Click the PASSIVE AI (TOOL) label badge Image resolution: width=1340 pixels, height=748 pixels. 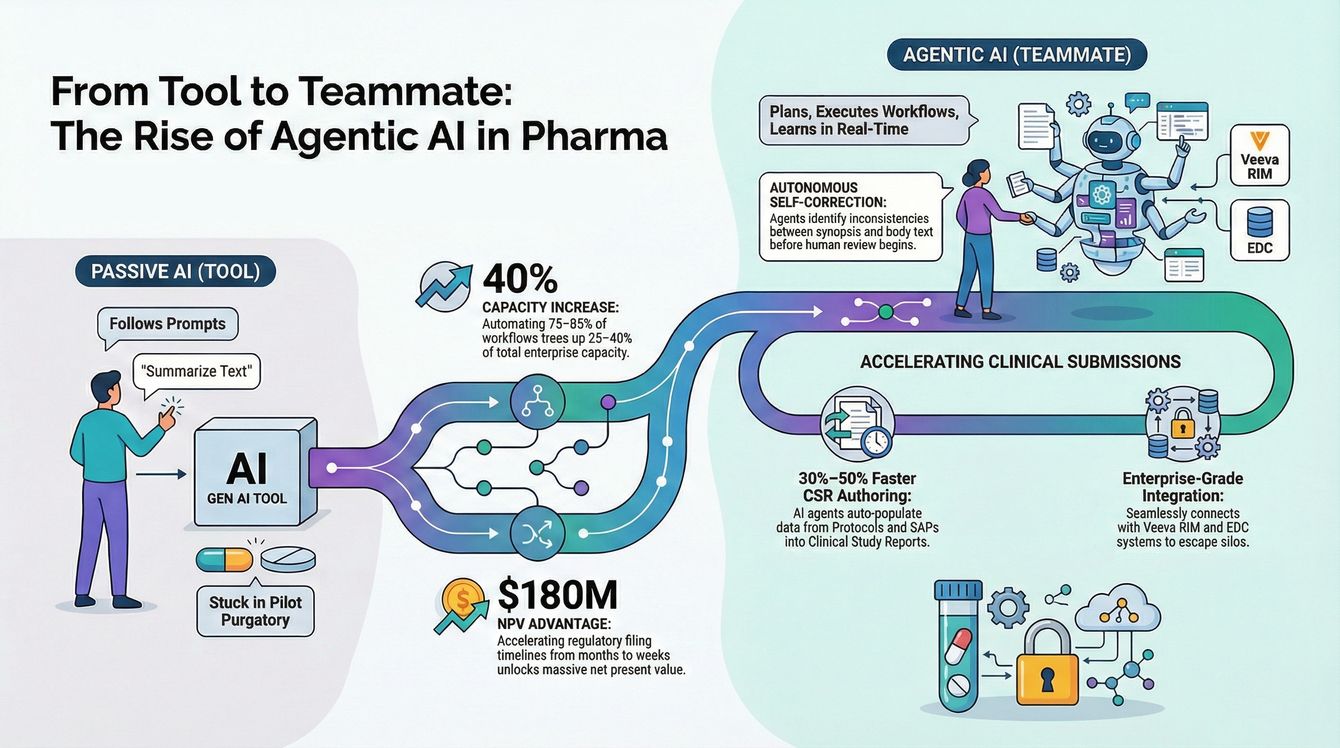pyautogui.click(x=175, y=272)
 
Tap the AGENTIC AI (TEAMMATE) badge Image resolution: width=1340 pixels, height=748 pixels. pyautogui.click(x=1017, y=55)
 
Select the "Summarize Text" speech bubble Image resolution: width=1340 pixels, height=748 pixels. pyautogui.click(x=197, y=372)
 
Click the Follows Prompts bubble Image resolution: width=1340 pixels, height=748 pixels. pyautogui.click(x=167, y=323)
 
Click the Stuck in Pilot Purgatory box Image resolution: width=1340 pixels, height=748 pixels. pyautogui.click(x=256, y=611)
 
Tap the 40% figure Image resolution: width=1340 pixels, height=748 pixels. pyautogui.click(x=520, y=280)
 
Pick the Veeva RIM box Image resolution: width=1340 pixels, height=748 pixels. pyautogui.click(x=1259, y=155)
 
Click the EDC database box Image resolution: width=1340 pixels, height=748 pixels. pyautogui.click(x=1259, y=230)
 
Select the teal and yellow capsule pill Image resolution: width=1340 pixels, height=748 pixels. pyautogui.click(x=224, y=560)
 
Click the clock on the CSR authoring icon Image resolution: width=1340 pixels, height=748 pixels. pyautogui.click(x=876, y=441)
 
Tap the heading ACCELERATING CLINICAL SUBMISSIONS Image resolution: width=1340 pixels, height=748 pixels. pyautogui.click(x=1020, y=361)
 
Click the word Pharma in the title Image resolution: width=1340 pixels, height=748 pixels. pyautogui.click(x=594, y=137)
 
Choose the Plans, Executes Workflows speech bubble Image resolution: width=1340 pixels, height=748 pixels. pyautogui.click(x=863, y=120)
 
